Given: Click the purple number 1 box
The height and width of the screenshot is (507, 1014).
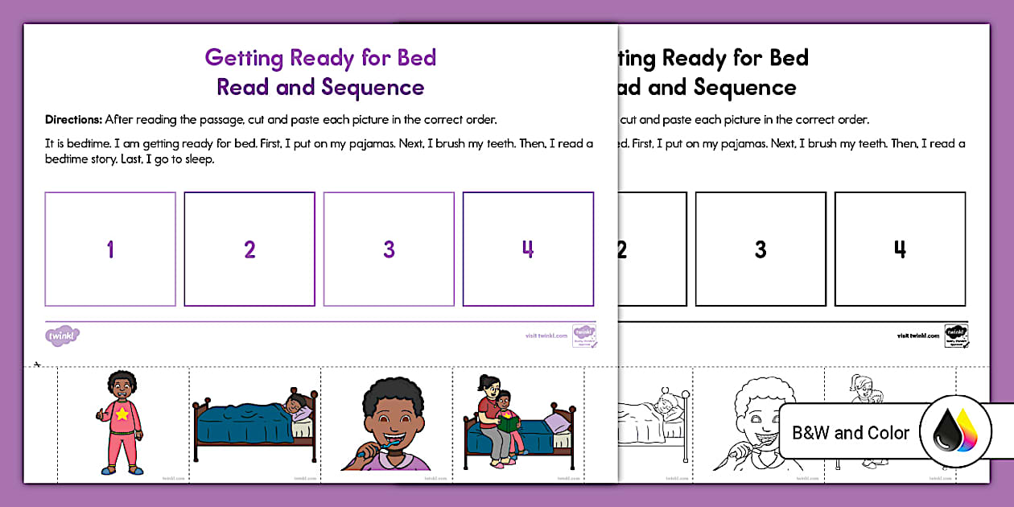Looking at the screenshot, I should click(x=110, y=249).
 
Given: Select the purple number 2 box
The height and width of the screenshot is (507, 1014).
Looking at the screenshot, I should click(x=249, y=249).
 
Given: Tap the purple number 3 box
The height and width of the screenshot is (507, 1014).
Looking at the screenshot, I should click(x=389, y=249).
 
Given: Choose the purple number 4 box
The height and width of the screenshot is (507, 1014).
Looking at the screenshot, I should click(x=528, y=249).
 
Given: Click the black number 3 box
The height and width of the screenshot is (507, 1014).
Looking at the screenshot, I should click(x=760, y=249).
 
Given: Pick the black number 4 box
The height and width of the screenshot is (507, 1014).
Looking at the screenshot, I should click(x=899, y=249).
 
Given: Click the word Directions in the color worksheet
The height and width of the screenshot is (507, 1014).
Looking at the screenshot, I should click(x=73, y=120).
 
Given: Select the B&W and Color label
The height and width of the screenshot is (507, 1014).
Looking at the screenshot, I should click(x=851, y=433).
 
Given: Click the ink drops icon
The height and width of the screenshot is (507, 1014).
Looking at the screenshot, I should click(x=955, y=432).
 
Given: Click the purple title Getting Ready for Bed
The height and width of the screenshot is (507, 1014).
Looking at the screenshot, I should click(x=320, y=58).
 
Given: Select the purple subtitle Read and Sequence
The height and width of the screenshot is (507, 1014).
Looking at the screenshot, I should click(x=320, y=87).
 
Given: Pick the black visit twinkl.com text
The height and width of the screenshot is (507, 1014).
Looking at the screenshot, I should click(x=917, y=336).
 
